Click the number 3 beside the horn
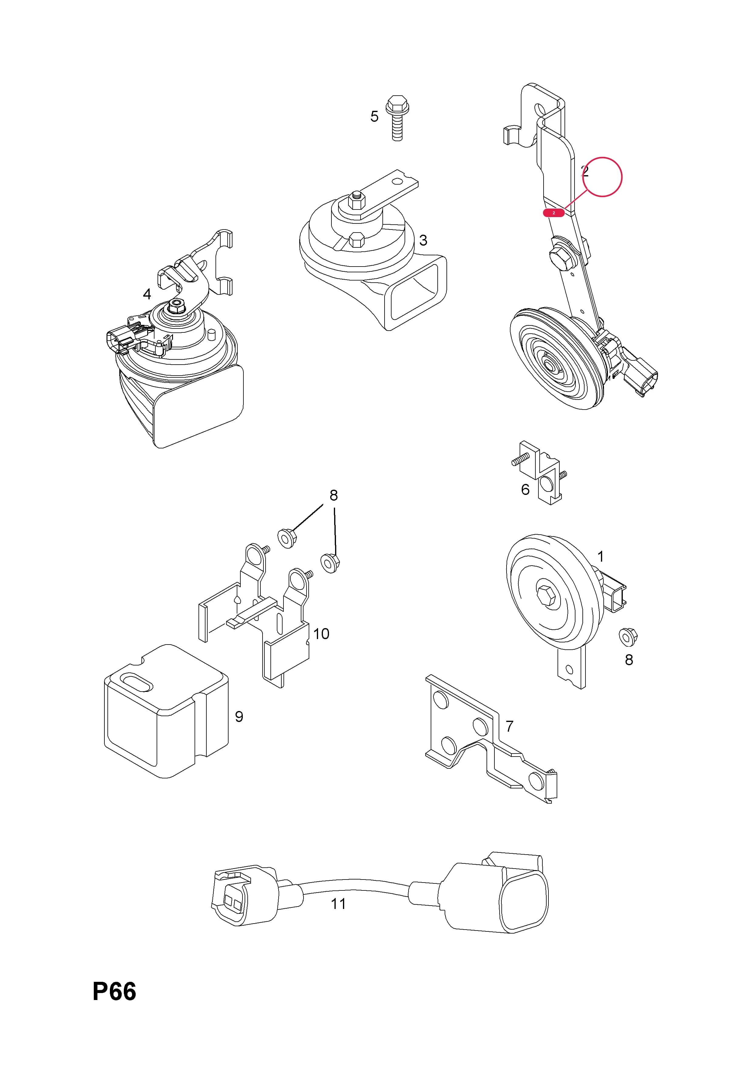[423, 240]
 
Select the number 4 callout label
[147, 294]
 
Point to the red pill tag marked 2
[554, 213]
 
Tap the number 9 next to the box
[239, 717]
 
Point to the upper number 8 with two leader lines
[334, 495]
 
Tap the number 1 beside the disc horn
[601, 556]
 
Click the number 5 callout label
[374, 116]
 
